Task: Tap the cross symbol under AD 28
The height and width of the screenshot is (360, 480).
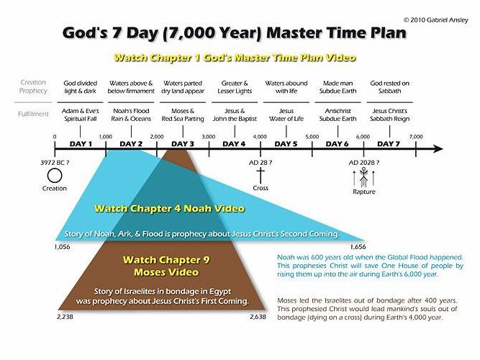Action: [261, 175]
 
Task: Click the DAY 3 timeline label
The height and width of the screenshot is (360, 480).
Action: [182, 144]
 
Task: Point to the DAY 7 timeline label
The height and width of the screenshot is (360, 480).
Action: [389, 144]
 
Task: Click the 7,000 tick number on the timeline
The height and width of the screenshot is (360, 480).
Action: [416, 136]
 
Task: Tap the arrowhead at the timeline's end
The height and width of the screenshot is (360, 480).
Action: [438, 150]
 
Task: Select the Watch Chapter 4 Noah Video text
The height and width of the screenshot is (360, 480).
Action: [170, 209]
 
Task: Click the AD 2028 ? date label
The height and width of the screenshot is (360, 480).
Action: [363, 163]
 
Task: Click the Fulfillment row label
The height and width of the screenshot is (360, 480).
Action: [33, 113]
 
